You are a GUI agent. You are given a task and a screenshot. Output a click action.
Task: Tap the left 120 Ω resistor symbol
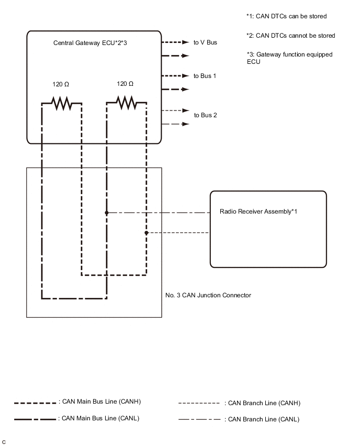(62, 103)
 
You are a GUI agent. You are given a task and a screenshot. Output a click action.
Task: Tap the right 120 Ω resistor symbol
(126, 103)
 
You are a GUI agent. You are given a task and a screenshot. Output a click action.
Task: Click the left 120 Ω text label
(61, 84)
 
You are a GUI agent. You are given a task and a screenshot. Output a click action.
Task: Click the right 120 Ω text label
(125, 84)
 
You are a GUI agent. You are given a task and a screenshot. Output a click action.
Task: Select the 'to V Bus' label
(205, 42)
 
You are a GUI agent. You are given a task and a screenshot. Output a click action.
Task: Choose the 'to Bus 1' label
(205, 76)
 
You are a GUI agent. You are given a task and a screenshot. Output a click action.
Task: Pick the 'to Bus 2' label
(205, 115)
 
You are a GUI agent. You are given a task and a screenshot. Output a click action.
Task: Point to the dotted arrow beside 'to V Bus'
(175, 42)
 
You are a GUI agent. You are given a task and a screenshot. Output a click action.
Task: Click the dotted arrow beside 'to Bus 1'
(175, 76)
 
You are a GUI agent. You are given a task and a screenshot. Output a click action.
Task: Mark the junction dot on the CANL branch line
(107, 213)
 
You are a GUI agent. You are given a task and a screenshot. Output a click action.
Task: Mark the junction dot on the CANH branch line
(147, 232)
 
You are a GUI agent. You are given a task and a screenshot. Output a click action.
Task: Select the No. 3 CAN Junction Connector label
(208, 295)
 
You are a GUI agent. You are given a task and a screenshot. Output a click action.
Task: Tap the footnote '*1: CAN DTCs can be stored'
(286, 16)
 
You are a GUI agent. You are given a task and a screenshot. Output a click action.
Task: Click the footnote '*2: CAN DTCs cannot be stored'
(290, 36)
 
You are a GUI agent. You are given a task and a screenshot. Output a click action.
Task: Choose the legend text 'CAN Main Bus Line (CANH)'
(101, 402)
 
